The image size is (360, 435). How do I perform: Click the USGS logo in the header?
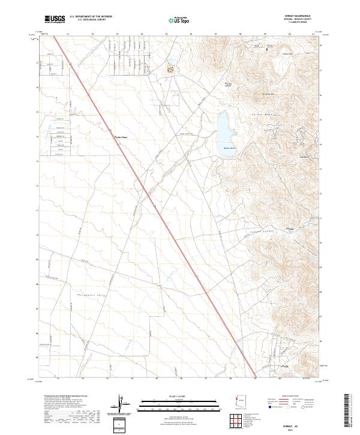click(55, 19)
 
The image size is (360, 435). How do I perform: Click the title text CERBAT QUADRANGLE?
click(302, 16)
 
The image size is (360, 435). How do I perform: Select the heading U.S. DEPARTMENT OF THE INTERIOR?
click(91, 16)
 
